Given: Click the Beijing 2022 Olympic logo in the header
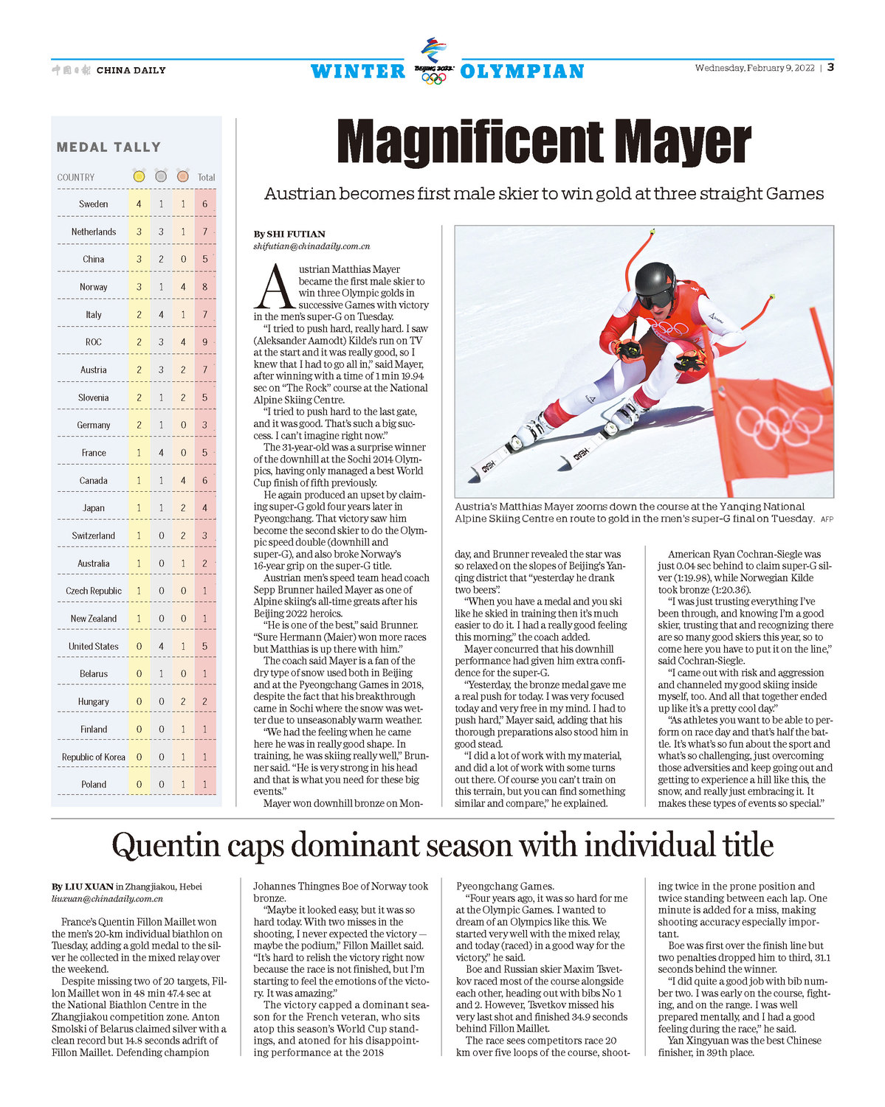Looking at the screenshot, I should pos(433,60).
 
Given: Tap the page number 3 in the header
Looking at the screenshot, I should pos(830,67).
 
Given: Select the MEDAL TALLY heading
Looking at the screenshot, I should pos(109,148).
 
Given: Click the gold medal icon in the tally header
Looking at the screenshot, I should pos(139,177).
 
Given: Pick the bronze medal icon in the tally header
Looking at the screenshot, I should pos(183,177).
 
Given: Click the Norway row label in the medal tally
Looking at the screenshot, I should pos(94,287).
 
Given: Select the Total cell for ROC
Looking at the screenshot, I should pos(205,342).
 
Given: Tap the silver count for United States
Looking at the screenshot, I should pos(161,647).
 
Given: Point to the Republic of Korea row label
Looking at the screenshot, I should pos(94,757).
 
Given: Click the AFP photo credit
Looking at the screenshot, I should pos(827,519).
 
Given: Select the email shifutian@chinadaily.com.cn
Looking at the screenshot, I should pos(311,246).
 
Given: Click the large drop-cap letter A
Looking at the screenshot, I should pos(273,287).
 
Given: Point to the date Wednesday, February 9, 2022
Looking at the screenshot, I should pos(754,68).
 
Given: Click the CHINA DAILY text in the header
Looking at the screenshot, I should pos(131,71).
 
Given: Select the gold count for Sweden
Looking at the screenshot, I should pos(139,204).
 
